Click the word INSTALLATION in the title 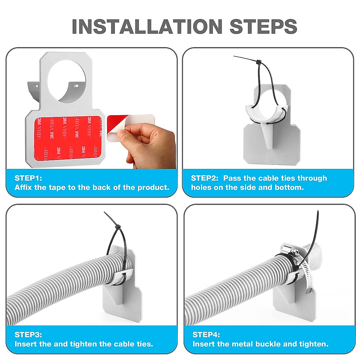[x=147, y=26]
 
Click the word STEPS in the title [x=263, y=26]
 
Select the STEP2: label [x=205, y=178]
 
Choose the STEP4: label [x=206, y=334]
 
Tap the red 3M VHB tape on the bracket [x=68, y=138]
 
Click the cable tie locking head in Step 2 [x=259, y=62]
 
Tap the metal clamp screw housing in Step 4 [x=289, y=249]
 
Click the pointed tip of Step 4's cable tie [x=318, y=211]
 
